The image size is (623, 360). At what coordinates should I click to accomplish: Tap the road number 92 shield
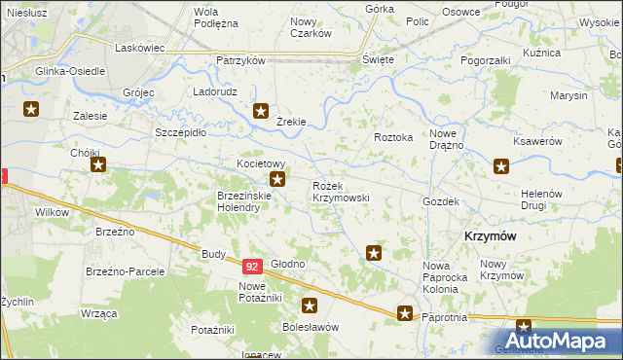tap(252, 266)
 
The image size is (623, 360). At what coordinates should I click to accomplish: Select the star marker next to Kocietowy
tap(277, 179)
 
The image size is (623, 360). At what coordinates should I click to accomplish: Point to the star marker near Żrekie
tap(261, 111)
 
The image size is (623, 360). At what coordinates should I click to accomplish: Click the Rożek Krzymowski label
tap(340, 191)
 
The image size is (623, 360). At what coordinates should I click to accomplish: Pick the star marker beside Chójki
tap(97, 165)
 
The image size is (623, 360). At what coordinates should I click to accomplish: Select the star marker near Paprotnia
tap(405, 313)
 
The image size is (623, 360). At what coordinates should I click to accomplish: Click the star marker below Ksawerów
tap(501, 166)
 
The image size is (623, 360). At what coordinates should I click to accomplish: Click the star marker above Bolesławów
tap(310, 305)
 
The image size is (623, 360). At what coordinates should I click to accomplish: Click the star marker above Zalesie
tap(31, 109)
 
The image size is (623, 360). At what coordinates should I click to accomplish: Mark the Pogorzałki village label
tap(486, 59)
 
